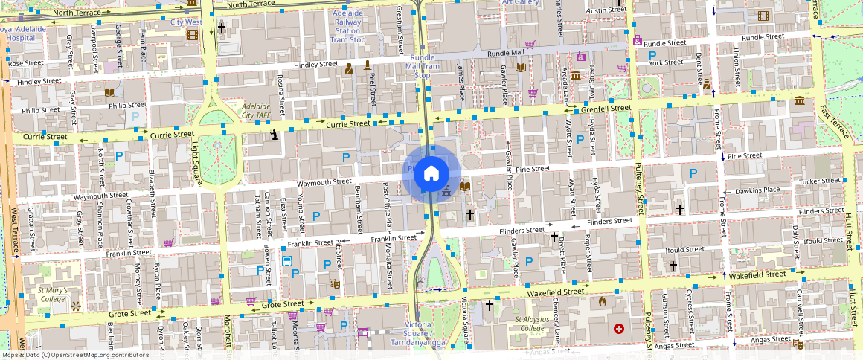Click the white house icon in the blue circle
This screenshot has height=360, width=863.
(430, 173)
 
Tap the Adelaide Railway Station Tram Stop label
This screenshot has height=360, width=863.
(347, 27)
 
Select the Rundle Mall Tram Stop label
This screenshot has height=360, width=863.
(422, 66)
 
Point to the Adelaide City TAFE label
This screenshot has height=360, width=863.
(258, 111)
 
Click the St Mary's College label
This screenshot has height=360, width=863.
(53, 294)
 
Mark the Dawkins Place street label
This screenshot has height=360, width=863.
(757, 190)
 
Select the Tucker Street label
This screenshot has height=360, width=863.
(819, 181)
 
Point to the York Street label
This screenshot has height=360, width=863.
(666, 62)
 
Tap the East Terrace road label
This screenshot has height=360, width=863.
(835, 121)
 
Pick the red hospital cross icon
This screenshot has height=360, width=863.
(618, 328)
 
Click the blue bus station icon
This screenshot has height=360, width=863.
(287, 261)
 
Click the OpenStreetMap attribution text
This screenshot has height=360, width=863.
(74, 355)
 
